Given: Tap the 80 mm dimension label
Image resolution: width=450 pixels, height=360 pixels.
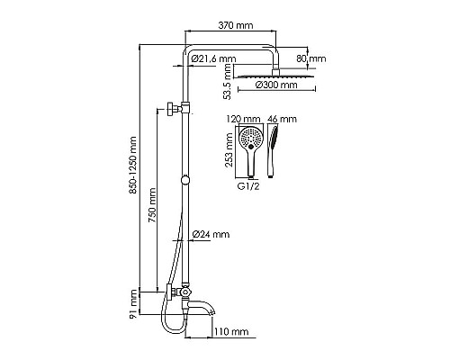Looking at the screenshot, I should (318, 59).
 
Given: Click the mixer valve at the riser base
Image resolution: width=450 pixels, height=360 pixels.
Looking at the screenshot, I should (183, 292).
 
